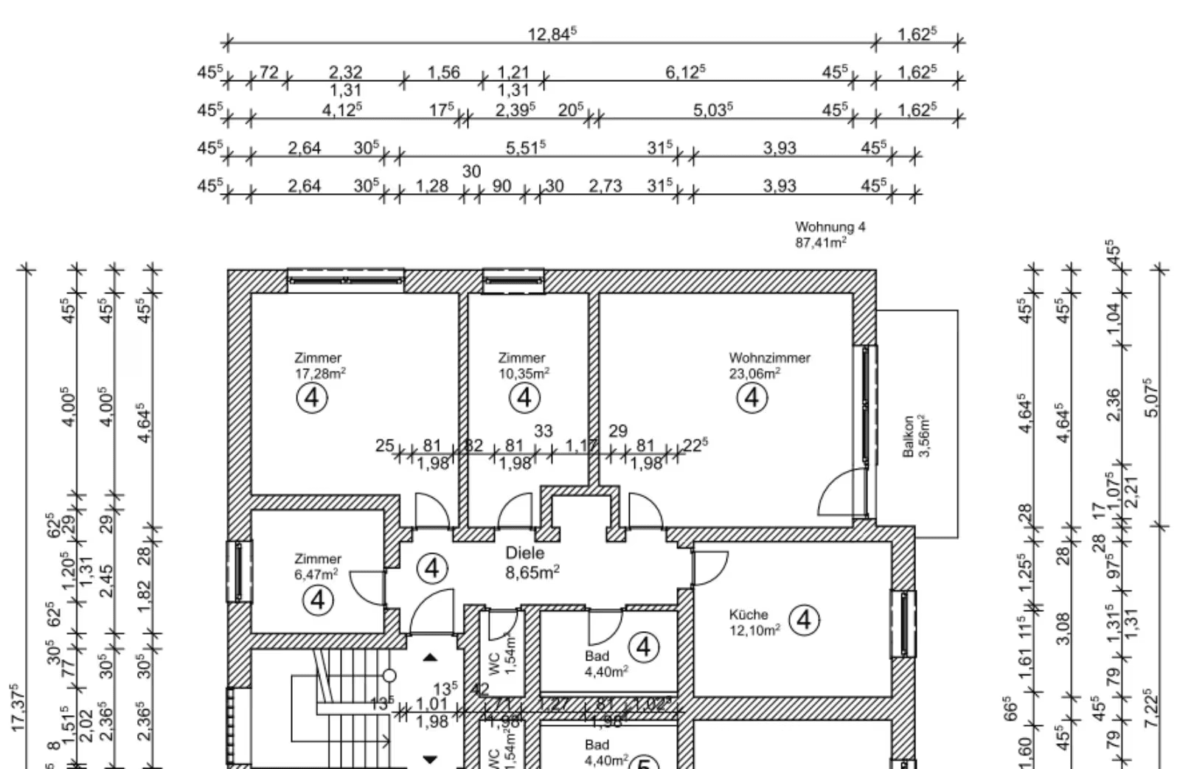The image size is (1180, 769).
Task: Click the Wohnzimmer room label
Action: [769, 358]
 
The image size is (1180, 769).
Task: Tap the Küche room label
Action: [749, 614]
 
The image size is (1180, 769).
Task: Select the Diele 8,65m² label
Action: [532, 562]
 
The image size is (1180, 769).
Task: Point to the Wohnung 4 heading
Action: [830, 227]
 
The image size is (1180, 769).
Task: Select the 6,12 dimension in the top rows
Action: [685, 72]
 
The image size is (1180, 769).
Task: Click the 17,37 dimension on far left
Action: [20, 708]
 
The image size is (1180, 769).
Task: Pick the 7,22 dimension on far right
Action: [1153, 708]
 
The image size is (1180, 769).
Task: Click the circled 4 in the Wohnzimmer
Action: [752, 398]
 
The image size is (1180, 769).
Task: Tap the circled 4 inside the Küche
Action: [804, 620]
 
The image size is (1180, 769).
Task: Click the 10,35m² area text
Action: [524, 374]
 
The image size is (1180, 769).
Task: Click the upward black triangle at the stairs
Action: [430, 657]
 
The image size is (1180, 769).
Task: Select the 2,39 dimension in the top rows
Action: [515, 110]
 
